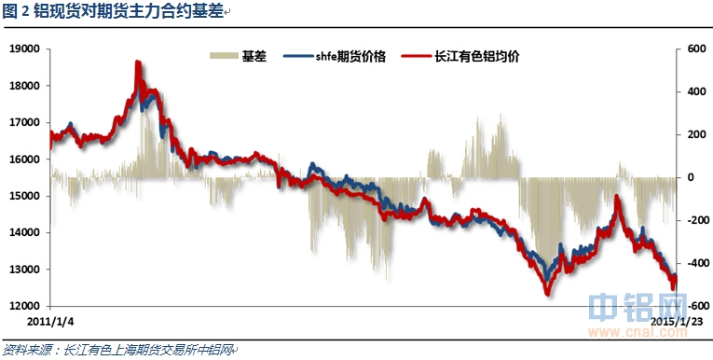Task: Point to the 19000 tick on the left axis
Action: (x=26, y=48)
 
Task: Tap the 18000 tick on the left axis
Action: (x=26, y=86)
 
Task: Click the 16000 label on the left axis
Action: (x=26, y=159)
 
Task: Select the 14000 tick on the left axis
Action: (x=26, y=233)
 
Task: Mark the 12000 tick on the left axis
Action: (x=26, y=307)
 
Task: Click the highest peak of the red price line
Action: (x=138, y=62)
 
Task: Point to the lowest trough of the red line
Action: (x=546, y=294)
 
